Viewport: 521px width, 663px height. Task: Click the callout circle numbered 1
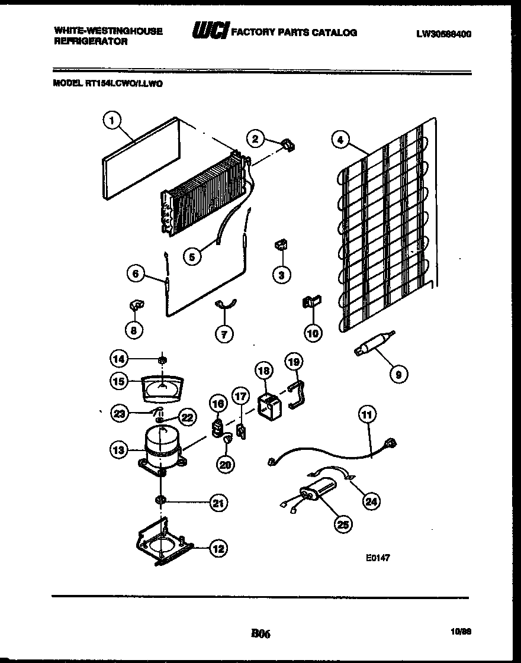[x=111, y=121]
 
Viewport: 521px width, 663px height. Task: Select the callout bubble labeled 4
[x=339, y=140]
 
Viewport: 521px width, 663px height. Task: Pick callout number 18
[x=265, y=371]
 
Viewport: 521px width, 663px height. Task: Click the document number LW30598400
[x=443, y=35]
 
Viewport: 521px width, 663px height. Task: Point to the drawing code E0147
[x=378, y=557]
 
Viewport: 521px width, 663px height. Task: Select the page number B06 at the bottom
[x=260, y=634]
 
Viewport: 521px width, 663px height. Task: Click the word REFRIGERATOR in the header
[x=91, y=42]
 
